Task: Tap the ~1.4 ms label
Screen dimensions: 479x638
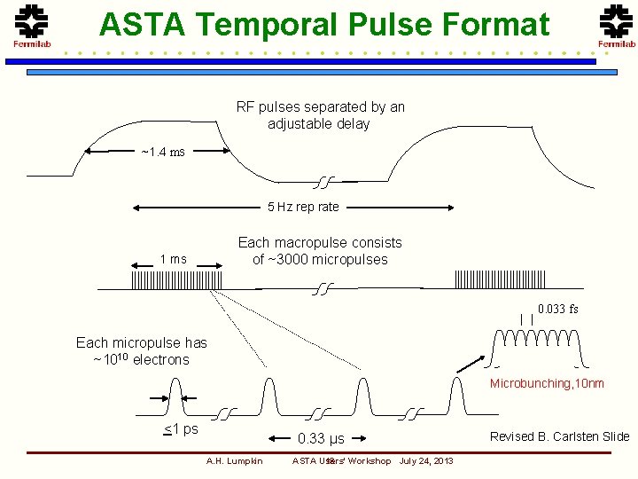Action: (163, 152)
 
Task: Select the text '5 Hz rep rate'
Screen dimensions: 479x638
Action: (303, 207)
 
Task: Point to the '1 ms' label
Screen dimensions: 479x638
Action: (173, 259)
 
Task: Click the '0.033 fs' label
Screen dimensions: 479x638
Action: (557, 309)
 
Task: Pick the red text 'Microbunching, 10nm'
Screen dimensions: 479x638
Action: (547, 383)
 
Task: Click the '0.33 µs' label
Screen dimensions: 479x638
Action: (321, 438)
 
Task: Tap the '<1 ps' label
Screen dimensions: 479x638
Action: (181, 429)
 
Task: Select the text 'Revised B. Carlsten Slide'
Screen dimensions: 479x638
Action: (559, 436)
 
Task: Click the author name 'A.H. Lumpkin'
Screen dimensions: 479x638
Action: (234, 460)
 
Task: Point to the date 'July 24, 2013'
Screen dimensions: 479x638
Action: (426, 460)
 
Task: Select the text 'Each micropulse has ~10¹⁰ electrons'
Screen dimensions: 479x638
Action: (141, 351)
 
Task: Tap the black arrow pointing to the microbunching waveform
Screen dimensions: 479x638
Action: (470, 365)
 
